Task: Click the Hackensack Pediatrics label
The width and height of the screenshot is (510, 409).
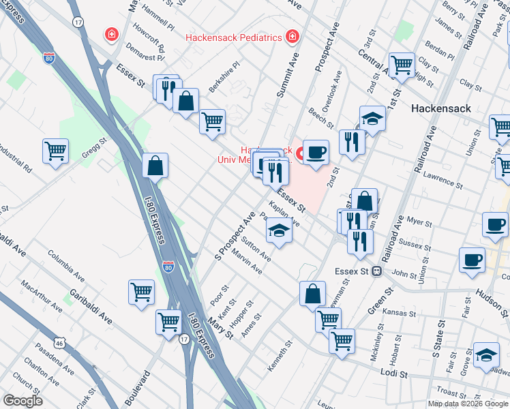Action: tap(234, 37)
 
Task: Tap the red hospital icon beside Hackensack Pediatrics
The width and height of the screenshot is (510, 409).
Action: tap(292, 35)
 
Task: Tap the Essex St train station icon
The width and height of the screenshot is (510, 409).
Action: tap(376, 271)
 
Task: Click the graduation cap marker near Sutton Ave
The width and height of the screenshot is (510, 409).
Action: tap(278, 230)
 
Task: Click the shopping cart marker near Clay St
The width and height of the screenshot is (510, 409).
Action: tap(402, 65)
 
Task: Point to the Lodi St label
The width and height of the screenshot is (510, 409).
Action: tap(394, 374)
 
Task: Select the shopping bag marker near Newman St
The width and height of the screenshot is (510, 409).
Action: tap(312, 293)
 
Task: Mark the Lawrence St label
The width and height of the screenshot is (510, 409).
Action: tap(443, 180)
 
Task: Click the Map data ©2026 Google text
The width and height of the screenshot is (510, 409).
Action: tap(468, 404)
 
